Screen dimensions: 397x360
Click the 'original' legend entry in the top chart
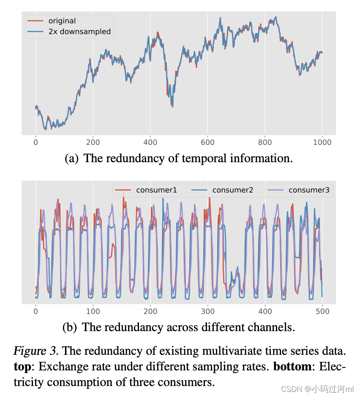(x=62, y=21)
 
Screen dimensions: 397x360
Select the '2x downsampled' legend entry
(x=79, y=31)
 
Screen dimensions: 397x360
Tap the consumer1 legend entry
(x=156, y=190)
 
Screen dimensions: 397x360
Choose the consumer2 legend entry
(x=232, y=190)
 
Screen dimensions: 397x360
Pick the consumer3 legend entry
(x=309, y=190)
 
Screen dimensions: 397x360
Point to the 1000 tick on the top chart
(x=322, y=142)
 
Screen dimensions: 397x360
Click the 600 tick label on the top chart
(x=207, y=142)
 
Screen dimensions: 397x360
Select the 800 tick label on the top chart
(x=265, y=142)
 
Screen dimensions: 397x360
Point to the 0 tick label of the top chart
(x=35, y=142)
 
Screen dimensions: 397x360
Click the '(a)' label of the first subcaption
(x=71, y=158)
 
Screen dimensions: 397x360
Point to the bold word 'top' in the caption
(x=22, y=366)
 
